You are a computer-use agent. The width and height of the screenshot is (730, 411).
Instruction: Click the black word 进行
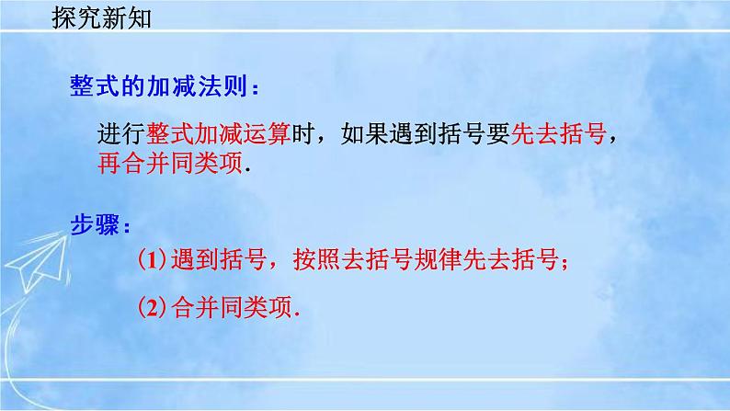point(117,134)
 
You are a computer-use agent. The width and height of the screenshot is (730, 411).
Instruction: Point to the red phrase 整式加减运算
point(213,134)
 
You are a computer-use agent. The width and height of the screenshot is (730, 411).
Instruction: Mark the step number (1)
point(151,261)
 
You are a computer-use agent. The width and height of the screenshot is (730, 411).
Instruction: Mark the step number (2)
point(151,305)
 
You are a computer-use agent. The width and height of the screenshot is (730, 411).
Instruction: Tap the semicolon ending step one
point(571,264)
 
